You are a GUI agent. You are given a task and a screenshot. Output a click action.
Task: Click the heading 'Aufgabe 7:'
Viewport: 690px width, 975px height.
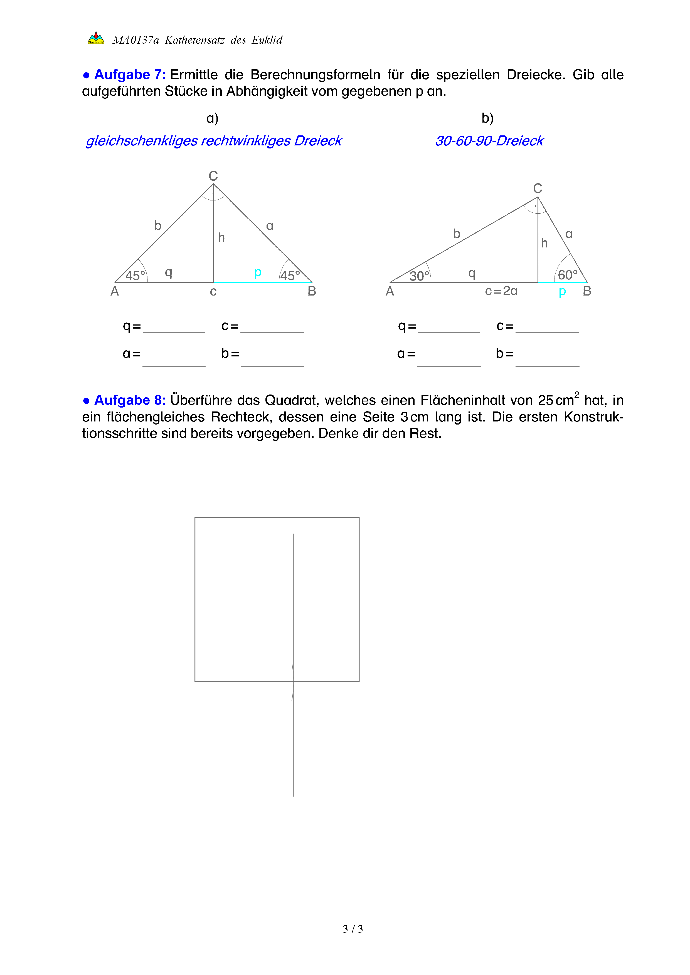[x=130, y=75]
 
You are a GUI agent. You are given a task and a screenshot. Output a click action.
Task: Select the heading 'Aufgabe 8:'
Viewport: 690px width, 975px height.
[x=130, y=400]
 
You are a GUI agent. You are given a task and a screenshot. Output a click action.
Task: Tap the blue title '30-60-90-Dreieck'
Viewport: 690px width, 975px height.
[x=489, y=141]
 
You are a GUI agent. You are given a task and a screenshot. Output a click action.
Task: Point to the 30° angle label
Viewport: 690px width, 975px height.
[x=419, y=276]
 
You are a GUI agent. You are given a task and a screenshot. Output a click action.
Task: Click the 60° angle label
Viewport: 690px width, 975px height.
[x=568, y=275]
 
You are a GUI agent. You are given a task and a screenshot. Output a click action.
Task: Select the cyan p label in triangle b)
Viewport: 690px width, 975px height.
[x=562, y=292]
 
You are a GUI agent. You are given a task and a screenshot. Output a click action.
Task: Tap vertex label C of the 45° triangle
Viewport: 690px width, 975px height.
[x=213, y=176]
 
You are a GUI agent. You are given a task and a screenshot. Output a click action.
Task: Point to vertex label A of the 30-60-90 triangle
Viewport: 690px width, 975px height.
[x=390, y=291]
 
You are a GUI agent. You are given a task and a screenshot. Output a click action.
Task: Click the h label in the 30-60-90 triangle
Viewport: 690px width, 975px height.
[x=544, y=243]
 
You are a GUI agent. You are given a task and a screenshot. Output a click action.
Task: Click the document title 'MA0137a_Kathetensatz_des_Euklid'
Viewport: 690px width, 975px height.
[x=197, y=40]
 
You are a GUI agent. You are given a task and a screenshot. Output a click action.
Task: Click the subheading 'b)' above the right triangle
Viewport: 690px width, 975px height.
[x=487, y=118]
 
